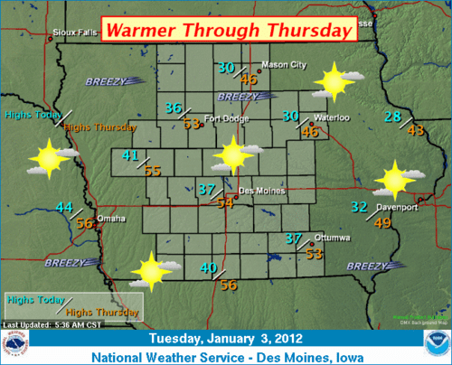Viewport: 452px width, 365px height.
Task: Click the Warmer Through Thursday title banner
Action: point(227,30)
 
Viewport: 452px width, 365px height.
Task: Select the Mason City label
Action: point(284,65)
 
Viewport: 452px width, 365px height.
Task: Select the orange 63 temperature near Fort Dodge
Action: point(191,124)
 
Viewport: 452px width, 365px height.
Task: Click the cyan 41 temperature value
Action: point(130,155)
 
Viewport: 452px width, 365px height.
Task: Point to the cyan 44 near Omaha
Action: point(63,207)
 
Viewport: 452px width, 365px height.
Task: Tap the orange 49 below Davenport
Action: point(383,223)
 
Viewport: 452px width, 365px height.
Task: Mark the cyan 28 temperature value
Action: point(392,116)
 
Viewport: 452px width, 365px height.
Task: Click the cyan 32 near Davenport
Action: point(359,207)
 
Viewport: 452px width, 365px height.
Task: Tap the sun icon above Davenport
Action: point(394,179)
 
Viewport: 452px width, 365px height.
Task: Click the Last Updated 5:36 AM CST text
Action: point(44,323)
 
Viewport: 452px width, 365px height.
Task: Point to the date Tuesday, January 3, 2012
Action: point(226,339)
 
